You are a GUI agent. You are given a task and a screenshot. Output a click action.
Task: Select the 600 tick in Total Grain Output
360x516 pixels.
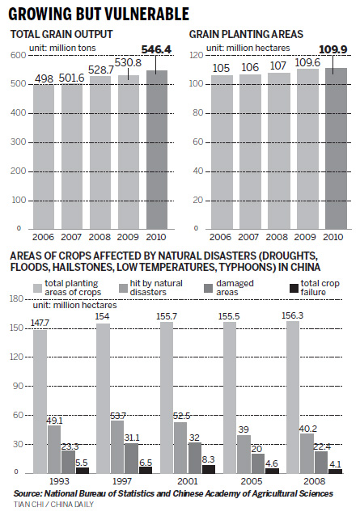[x=17, y=54]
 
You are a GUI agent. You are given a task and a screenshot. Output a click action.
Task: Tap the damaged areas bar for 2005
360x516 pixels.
[x=256, y=464]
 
